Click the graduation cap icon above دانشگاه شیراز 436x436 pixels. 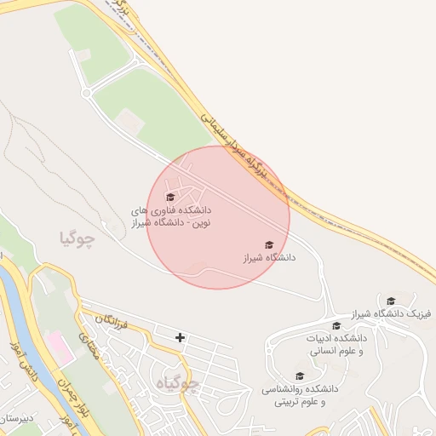(270, 244)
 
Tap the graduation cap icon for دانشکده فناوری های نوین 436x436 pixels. (169, 198)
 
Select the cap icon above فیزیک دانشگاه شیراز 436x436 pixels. (391, 301)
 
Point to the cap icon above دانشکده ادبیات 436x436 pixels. (336, 325)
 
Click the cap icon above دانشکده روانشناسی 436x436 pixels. (299, 376)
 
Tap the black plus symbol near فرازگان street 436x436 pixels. (180, 337)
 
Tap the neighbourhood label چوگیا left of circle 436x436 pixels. (77, 238)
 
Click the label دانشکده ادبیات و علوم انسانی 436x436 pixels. (336, 343)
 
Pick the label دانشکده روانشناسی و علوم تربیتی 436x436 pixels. (300, 394)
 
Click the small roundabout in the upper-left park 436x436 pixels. (86, 91)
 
